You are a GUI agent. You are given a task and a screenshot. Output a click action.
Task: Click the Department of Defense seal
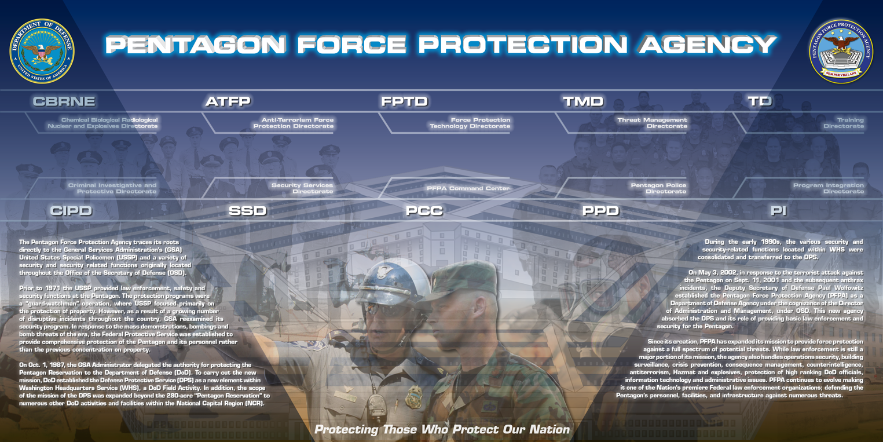click(x=42, y=51)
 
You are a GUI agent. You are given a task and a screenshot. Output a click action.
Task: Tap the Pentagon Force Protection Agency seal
click(x=841, y=51)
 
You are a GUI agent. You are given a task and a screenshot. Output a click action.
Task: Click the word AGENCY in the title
click(x=708, y=44)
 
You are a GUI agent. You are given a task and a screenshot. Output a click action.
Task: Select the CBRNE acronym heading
click(x=64, y=101)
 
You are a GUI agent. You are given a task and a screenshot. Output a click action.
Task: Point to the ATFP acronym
click(x=228, y=101)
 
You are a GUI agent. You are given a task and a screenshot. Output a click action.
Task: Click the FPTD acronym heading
click(x=405, y=101)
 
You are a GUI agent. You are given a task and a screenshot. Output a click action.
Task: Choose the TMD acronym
click(x=583, y=101)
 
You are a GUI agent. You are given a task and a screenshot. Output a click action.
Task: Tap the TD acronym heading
click(x=760, y=101)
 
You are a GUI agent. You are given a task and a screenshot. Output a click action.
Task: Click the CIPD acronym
click(x=71, y=210)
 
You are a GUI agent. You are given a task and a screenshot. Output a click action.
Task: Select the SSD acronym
click(x=248, y=210)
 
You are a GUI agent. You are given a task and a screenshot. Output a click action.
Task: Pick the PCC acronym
click(x=424, y=210)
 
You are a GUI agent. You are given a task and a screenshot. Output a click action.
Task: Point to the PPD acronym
click(x=601, y=210)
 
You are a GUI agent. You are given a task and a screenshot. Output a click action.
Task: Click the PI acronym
click(x=779, y=210)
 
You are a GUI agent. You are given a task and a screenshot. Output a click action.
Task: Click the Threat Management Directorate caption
click(x=653, y=123)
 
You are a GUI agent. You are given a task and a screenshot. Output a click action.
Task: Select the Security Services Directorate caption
click(x=302, y=188)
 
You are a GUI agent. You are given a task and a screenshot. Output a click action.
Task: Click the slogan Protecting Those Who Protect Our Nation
click(x=442, y=429)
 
